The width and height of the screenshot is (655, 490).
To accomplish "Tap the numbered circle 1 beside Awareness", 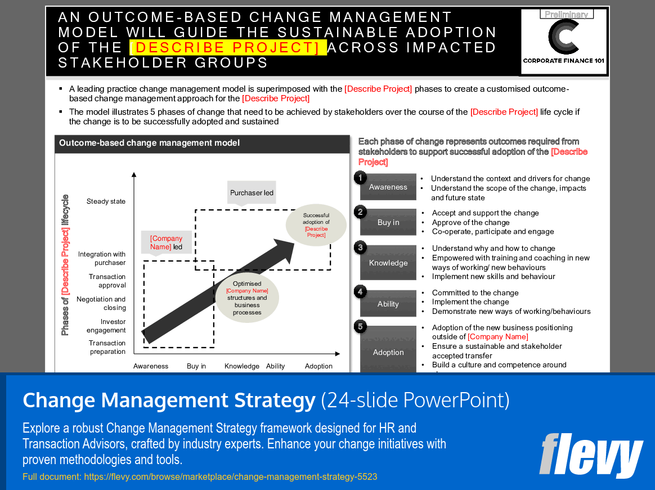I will point(360,178).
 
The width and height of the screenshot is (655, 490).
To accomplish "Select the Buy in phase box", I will point(388,222).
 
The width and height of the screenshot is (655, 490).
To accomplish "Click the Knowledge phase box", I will point(388,263).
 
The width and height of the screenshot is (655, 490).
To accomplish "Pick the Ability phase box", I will point(388,304).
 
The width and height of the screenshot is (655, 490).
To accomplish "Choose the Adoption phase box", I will point(388,352).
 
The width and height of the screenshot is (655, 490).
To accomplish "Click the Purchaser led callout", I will point(252,193).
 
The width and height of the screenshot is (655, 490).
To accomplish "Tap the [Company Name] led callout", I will point(166,242).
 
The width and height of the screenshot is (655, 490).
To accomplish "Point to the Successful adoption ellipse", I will point(316,225).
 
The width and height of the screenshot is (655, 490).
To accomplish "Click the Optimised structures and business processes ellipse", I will point(247,298).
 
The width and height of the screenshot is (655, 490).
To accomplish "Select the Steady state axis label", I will point(106,201).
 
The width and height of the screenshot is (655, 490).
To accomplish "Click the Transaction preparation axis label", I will point(107,347).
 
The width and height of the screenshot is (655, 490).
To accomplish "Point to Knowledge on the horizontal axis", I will point(242,366).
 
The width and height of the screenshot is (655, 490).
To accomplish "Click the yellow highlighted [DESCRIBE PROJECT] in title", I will point(228,47).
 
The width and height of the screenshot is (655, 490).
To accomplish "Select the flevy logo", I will point(590,455).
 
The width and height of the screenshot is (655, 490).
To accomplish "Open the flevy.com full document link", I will point(231,476).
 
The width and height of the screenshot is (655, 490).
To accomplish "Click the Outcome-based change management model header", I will point(149,143).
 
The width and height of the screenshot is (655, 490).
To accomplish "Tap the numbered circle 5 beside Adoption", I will point(360,326).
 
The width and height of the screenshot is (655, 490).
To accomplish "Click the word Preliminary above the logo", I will point(567,15).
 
